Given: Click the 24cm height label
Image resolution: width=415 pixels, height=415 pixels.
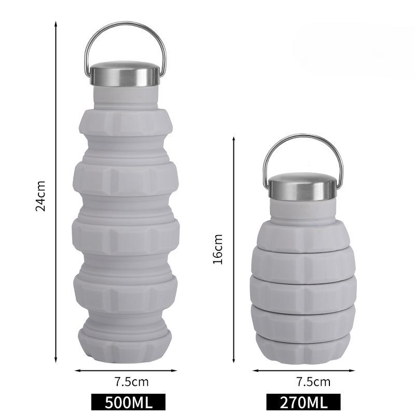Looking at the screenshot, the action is point(40,196).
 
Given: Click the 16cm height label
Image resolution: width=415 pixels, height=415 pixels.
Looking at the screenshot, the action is point(218,249).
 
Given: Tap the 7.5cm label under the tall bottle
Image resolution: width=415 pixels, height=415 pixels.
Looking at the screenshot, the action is point(132,382).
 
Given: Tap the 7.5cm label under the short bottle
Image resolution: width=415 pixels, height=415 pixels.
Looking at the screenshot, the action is point(313,382).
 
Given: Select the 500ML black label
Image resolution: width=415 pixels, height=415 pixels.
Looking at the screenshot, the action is point(128,402).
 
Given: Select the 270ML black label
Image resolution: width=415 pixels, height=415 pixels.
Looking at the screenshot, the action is point(303,402).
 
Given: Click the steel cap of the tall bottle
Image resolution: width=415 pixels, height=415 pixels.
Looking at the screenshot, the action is point(125,74).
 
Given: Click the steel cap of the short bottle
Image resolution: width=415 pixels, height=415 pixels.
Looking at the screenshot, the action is point(303,186).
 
